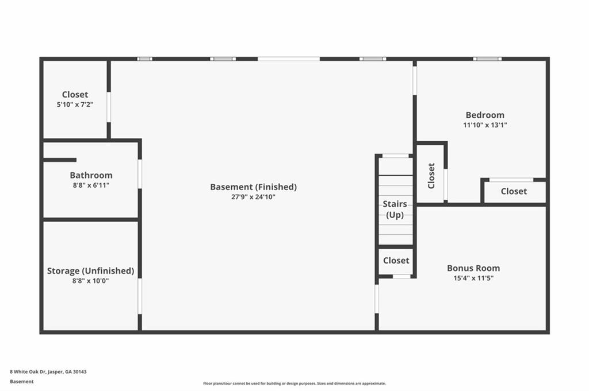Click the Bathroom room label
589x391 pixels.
(91, 175)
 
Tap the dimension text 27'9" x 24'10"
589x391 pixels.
(253, 197)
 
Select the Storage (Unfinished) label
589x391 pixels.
(90, 271)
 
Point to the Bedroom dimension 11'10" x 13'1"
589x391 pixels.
(485, 125)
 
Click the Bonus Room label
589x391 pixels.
(473, 268)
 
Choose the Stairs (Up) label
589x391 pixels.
(395, 210)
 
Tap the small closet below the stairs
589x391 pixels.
(396, 261)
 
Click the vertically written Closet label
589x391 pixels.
(431, 176)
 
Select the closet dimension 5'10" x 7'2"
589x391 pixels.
(75, 104)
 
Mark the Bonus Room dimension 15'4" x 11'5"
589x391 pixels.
(473, 278)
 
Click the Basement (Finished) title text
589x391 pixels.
(253, 187)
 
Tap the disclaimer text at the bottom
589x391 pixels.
(294, 384)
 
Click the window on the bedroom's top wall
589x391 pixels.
(487, 59)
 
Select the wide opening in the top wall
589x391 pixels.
(288, 59)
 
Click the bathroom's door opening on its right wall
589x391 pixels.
(139, 173)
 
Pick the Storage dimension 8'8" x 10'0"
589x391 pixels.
(90, 281)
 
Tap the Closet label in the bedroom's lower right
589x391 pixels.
(514, 191)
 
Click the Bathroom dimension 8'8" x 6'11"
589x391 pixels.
(91, 185)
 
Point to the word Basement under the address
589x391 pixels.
(22, 381)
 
